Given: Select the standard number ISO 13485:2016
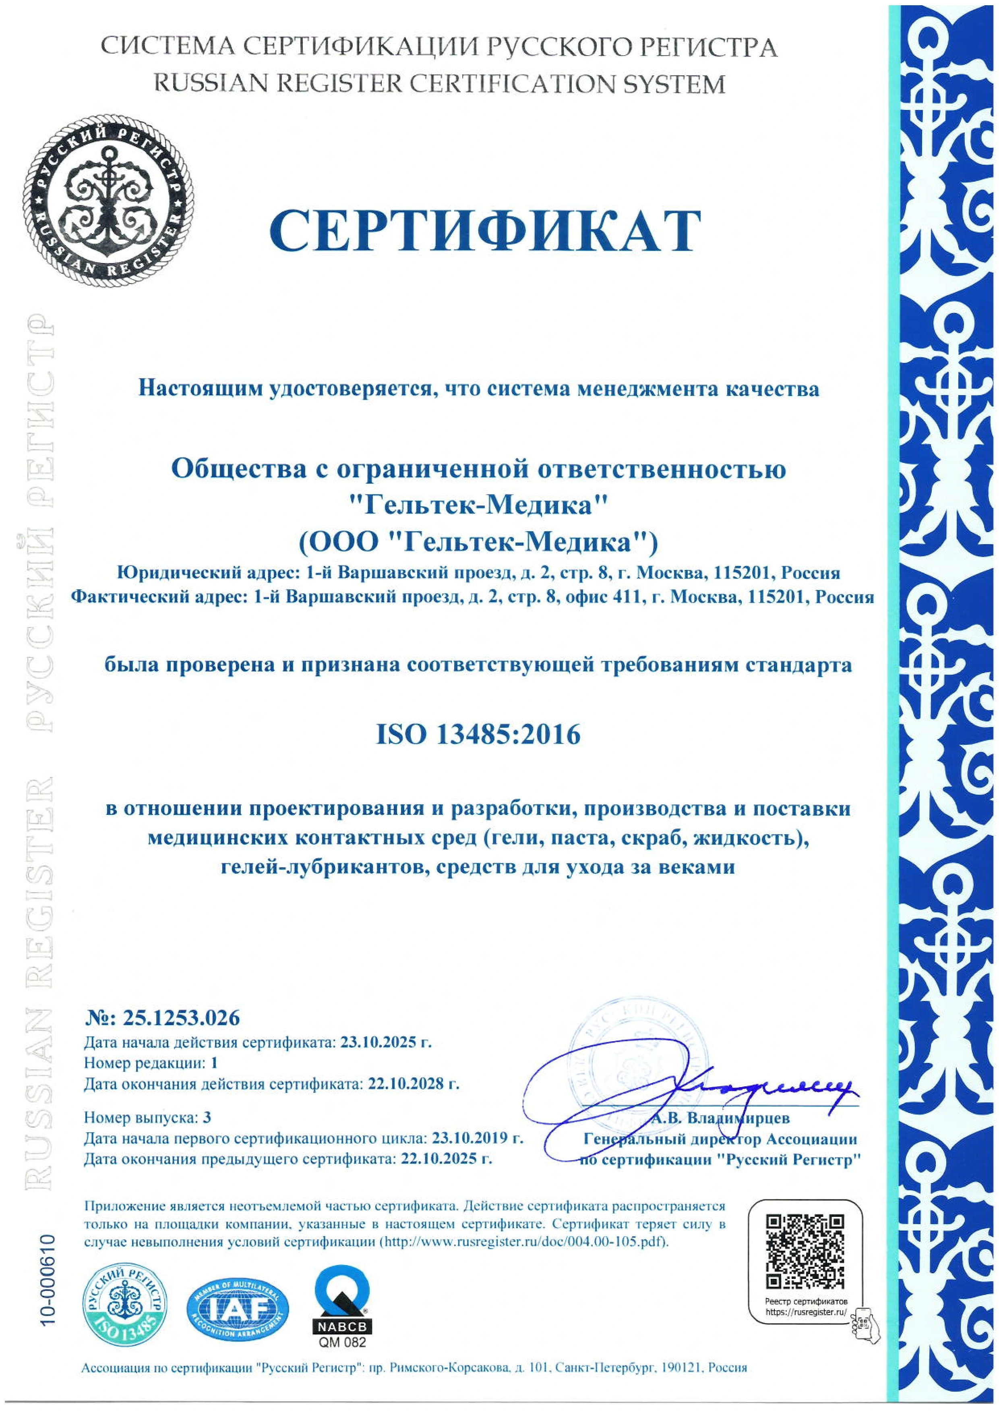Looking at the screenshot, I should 478,734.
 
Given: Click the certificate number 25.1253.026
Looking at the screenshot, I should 181,1018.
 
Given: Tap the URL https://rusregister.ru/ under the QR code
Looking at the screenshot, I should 806,1312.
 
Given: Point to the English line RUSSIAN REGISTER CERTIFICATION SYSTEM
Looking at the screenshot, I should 439,84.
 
